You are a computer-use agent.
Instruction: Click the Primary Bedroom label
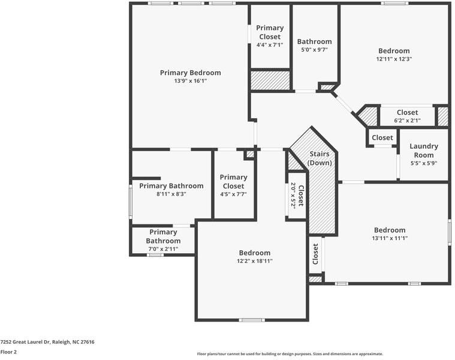[190, 73]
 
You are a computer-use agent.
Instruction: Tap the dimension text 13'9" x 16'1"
[190, 80]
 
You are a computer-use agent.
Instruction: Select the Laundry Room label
[424, 150]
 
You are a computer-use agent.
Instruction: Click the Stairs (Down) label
[320, 158]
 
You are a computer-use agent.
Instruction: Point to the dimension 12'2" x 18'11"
[255, 261]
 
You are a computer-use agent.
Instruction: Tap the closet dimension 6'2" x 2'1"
[407, 121]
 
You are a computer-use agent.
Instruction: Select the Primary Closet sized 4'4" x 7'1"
[270, 32]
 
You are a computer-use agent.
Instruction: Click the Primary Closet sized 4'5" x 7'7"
[233, 181]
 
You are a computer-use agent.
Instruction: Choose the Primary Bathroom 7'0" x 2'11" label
[163, 236]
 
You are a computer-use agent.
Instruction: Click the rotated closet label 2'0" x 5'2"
[297, 195]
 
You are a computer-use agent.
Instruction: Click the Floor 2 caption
[8, 352]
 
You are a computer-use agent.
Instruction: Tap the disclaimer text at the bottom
[290, 354]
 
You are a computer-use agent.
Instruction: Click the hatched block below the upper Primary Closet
[270, 80]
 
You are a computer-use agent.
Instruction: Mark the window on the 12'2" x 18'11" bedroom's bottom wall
[252, 320]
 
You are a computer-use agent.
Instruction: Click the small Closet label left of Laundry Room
[382, 137]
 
